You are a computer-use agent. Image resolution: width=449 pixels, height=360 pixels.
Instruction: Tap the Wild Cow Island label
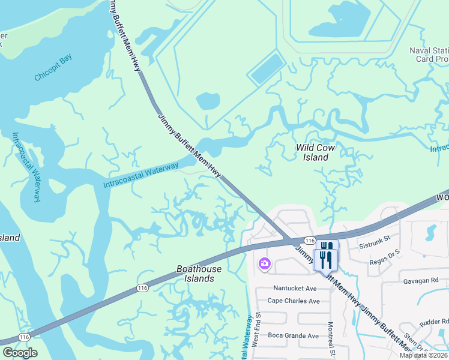[315, 152]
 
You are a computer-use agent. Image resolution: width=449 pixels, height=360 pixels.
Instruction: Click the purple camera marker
[264, 263]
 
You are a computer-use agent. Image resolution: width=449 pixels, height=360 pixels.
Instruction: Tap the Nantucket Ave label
[295, 288]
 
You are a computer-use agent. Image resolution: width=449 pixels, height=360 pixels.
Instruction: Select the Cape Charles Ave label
[294, 301]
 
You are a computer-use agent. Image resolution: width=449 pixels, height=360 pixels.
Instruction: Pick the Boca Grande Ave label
[294, 335]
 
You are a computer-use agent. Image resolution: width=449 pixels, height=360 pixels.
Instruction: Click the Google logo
[20, 353]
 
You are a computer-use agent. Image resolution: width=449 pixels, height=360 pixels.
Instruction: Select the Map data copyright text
[424, 355]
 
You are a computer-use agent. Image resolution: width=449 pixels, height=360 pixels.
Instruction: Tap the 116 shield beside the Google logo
[24, 338]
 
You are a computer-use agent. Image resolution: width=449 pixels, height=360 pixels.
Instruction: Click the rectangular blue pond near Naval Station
[266, 68]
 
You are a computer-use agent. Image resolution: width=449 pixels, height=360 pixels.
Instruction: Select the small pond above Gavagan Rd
[430, 230]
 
